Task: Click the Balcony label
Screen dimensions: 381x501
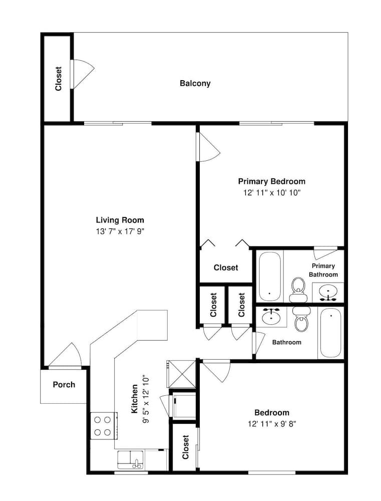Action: click(x=195, y=83)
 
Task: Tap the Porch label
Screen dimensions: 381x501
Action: click(x=64, y=384)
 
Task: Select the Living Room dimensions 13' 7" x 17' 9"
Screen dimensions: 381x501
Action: click(x=120, y=231)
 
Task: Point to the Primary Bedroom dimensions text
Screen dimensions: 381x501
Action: click(x=272, y=193)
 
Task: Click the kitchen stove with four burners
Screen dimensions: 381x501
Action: click(x=103, y=426)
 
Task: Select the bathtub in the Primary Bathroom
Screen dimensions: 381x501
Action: click(x=270, y=277)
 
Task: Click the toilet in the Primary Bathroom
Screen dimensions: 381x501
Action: click(x=298, y=290)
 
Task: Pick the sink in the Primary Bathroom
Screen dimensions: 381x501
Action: click(x=328, y=293)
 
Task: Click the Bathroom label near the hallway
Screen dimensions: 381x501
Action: click(x=286, y=342)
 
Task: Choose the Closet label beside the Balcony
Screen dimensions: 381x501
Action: click(x=58, y=79)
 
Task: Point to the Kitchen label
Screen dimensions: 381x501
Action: click(x=135, y=398)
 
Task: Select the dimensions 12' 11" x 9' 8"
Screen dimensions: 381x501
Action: click(x=272, y=424)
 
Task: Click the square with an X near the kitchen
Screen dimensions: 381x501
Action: click(x=181, y=374)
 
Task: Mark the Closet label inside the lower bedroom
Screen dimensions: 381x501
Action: click(x=186, y=447)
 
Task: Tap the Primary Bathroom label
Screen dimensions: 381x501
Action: click(x=323, y=270)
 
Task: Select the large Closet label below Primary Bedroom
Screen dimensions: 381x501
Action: click(x=226, y=268)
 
